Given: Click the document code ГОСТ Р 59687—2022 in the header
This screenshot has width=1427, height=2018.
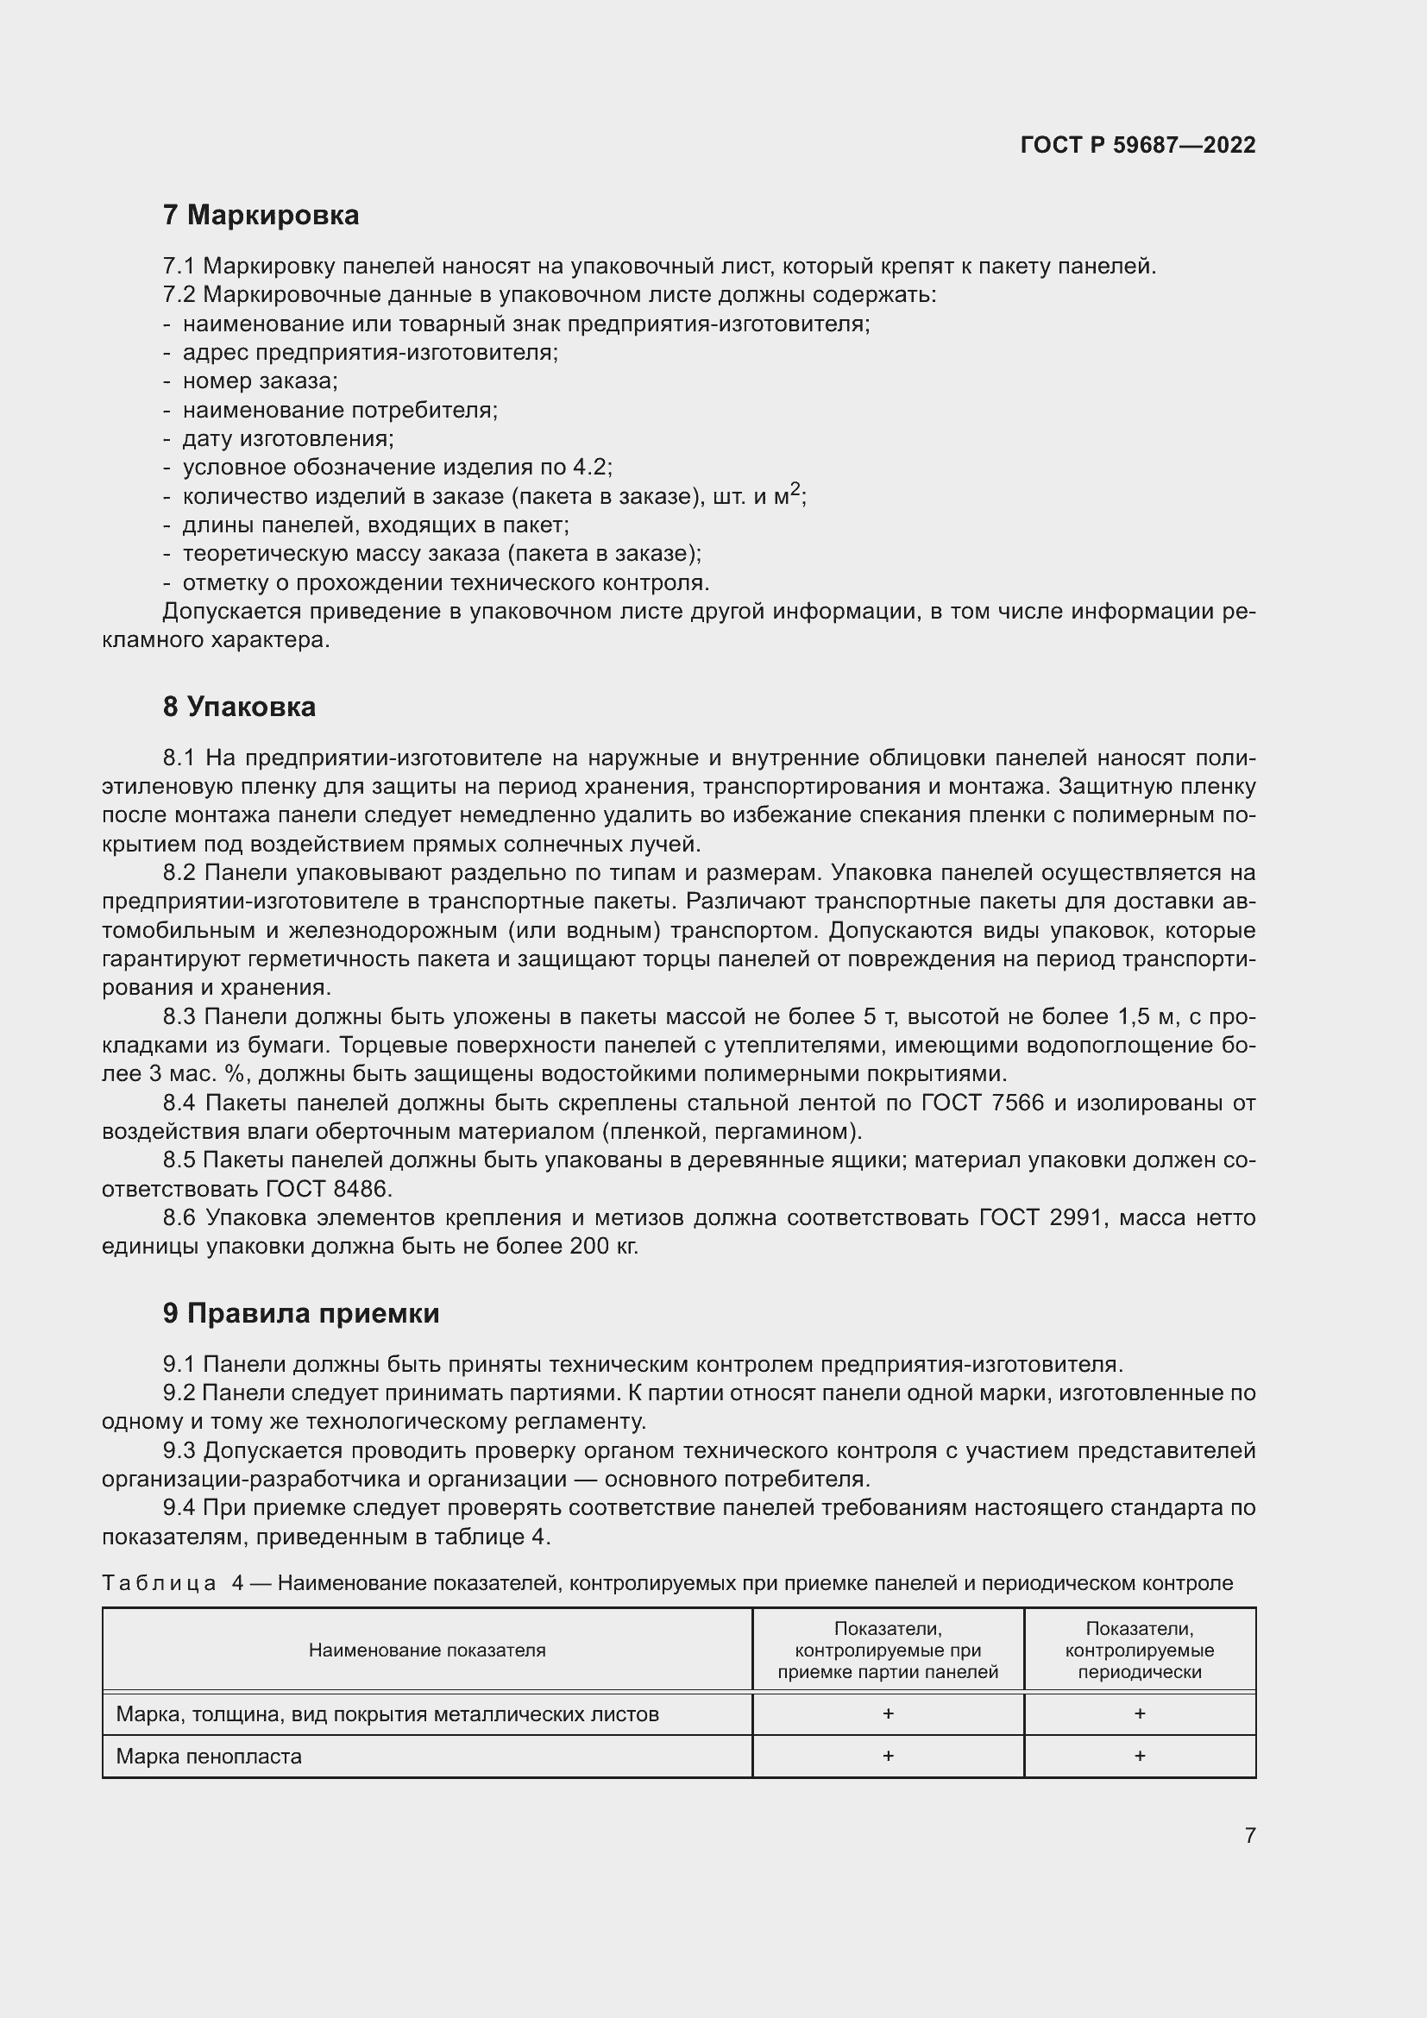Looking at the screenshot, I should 1137,145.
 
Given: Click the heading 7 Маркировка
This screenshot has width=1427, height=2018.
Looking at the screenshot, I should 260,215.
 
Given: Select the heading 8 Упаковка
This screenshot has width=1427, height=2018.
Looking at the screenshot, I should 238,707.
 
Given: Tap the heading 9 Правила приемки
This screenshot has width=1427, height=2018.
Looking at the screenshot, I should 300,1313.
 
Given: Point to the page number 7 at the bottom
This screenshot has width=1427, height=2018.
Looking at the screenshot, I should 1249,1835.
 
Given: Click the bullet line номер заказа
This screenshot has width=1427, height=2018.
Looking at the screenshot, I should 259,381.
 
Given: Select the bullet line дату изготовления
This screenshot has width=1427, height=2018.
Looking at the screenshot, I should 287,438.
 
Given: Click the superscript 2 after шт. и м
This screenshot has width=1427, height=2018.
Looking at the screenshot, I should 795,489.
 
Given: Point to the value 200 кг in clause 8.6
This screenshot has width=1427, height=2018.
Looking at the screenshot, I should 604,1247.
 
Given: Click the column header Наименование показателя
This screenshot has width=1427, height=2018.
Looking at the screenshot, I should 427,1650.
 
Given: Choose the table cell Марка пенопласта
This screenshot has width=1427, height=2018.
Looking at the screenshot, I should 209,1757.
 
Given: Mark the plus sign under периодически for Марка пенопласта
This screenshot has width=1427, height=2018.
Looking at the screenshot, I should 1139,1756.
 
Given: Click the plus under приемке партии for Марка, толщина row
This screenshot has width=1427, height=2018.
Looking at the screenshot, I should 888,1714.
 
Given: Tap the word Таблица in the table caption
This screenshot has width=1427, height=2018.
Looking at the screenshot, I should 159,1583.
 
